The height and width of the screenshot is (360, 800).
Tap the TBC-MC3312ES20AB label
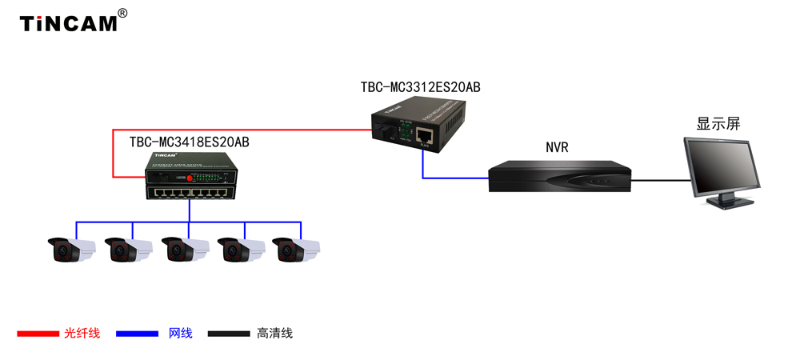(420, 87)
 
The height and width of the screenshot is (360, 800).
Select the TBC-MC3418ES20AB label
(190, 142)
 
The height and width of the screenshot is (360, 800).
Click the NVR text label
(557, 147)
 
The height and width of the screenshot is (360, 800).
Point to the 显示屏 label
(718, 124)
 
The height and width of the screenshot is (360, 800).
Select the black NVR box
(559, 177)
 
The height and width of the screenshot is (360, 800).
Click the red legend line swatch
(38, 334)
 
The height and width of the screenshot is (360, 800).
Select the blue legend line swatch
(138, 334)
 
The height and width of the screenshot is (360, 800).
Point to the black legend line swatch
(229, 334)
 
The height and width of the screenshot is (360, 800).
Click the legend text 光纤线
(82, 334)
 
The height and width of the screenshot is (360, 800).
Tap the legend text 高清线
(275, 334)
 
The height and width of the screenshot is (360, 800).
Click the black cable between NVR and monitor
(660, 180)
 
